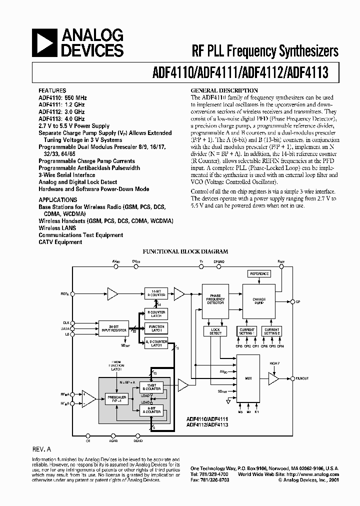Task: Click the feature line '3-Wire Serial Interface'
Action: tap(67, 175)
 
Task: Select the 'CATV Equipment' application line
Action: tap(60, 242)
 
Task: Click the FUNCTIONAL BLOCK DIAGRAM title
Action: tap(185, 252)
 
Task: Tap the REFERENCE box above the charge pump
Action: tap(259, 273)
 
